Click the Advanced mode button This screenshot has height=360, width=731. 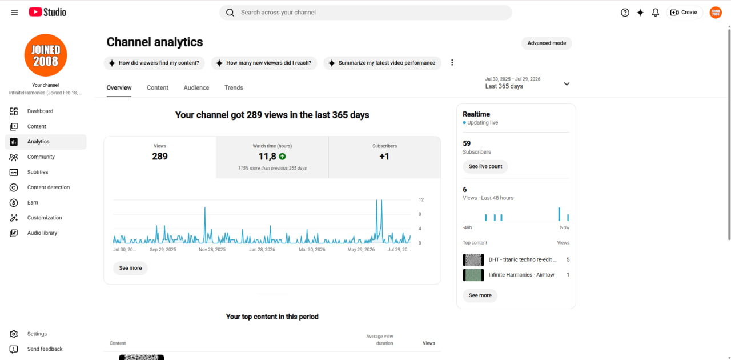click(547, 43)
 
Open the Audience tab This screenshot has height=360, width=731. click(196, 87)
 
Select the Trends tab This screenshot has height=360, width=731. click(234, 87)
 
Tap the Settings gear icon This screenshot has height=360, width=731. click(14, 334)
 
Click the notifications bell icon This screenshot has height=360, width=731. click(655, 13)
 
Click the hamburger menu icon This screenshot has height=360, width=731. click(14, 13)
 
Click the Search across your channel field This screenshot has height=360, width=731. click(365, 13)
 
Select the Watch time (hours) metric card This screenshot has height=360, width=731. click(272, 158)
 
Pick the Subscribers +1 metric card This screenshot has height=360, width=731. click(384, 158)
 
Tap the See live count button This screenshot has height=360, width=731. click(485, 166)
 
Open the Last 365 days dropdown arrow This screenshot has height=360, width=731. click(567, 84)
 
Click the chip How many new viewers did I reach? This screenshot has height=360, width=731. click(264, 63)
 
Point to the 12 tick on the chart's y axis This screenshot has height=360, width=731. click(421, 199)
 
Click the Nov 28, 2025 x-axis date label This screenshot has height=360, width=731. click(212, 250)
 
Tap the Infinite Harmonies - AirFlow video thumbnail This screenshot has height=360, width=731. click(473, 275)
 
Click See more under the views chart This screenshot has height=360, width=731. click(130, 268)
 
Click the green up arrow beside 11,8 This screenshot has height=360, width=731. click(282, 157)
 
